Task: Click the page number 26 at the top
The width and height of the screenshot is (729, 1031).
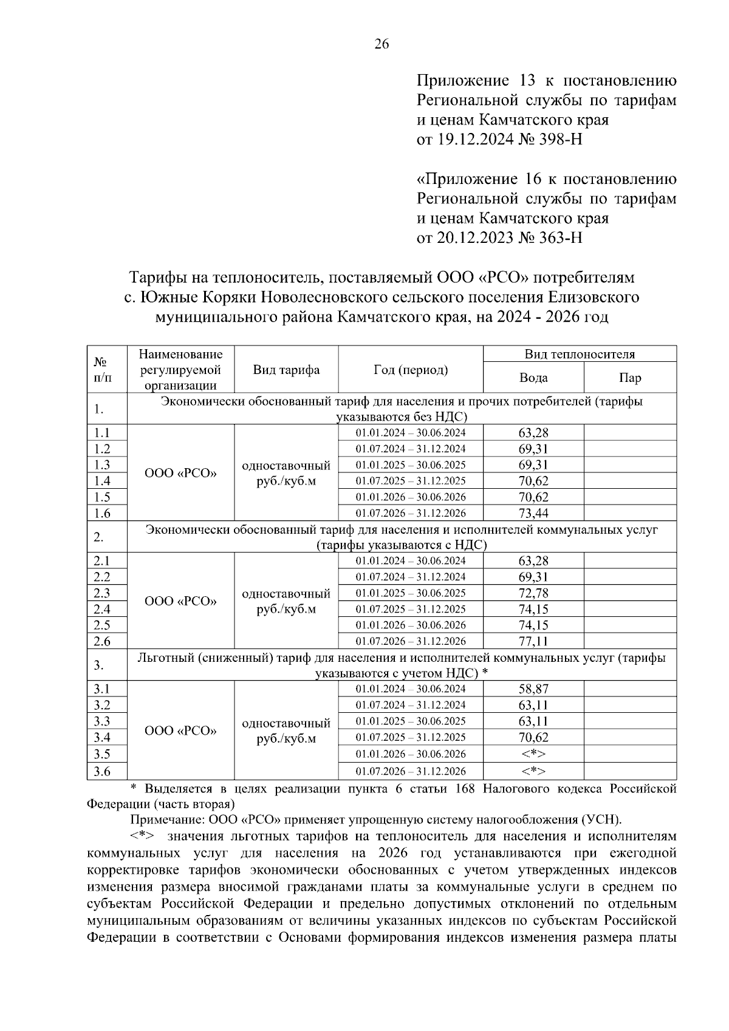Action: point(382,44)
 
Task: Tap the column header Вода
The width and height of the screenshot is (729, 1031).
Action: point(533,378)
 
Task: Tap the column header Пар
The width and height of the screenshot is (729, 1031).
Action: point(630,378)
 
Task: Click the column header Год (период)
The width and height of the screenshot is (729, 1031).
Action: point(411,370)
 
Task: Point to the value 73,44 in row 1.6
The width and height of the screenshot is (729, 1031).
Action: point(533,514)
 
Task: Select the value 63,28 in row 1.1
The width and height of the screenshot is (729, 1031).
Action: point(533,433)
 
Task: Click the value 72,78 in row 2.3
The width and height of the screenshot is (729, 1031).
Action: point(533,593)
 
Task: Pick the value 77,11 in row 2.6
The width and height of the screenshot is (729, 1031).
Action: point(533,641)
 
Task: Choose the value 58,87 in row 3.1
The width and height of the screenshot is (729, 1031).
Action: point(533,689)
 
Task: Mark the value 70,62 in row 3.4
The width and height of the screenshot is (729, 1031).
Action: point(533,738)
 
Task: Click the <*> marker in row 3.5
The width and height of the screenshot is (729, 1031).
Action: point(533,754)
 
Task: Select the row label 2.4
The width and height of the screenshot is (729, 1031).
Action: point(102,609)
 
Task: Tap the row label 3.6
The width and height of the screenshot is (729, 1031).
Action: point(102,771)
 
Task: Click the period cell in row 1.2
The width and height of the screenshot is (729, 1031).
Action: point(411,449)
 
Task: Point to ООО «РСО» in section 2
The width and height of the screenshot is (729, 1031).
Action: point(180,601)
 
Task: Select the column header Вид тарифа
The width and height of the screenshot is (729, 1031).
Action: point(286,370)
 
